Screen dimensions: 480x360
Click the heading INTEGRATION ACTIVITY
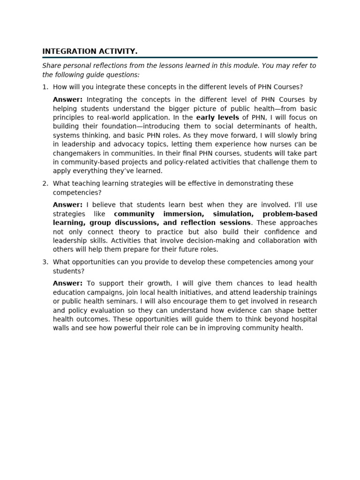coord(90,51)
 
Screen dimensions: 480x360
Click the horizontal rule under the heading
coord(180,57)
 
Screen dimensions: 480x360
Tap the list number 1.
coord(45,87)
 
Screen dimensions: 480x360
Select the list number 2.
coord(45,183)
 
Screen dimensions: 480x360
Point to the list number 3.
coord(45,262)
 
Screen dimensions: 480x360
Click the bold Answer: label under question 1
coord(67,99)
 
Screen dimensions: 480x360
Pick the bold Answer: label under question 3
coord(67,283)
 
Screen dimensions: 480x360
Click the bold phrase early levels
coord(217,117)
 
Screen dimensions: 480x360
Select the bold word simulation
coord(232,214)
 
